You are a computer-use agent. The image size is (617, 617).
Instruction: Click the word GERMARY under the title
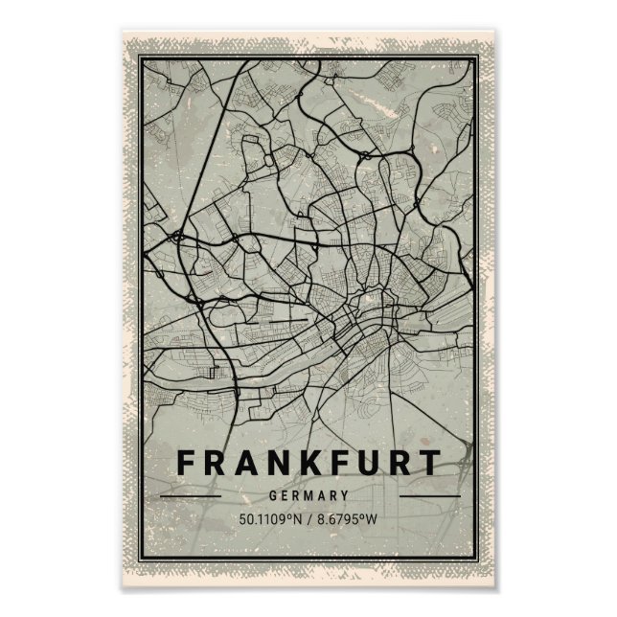(308, 496)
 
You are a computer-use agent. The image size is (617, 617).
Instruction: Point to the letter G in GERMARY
(275, 496)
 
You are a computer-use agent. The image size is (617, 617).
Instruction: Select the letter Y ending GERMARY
(343, 496)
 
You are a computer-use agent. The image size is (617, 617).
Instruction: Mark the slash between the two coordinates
(309, 521)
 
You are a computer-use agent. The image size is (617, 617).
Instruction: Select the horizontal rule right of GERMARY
(427, 496)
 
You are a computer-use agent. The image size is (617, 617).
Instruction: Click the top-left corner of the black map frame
(138, 57)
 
